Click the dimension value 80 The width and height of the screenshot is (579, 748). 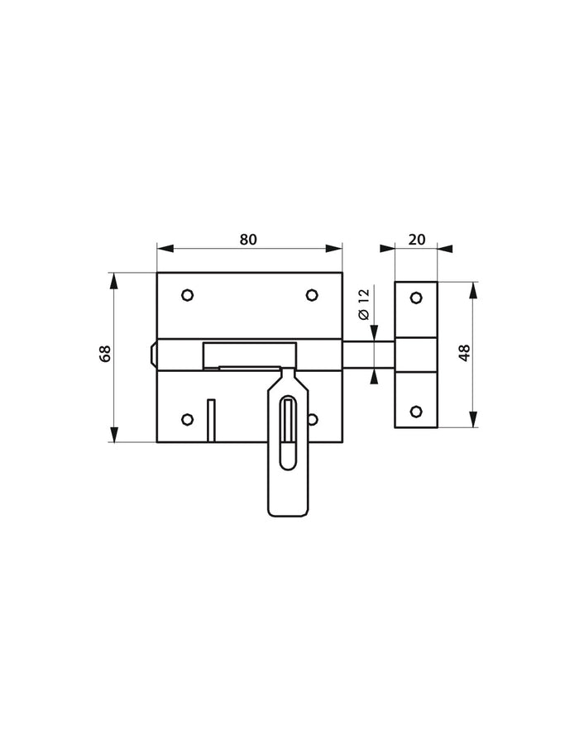(x=248, y=239)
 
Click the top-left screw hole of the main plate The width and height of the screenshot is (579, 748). (x=187, y=294)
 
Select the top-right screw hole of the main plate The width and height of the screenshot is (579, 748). (x=312, y=294)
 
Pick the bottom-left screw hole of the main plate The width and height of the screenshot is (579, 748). (x=187, y=418)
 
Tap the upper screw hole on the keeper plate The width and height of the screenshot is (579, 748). (x=417, y=297)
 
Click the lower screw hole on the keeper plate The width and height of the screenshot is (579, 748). (x=417, y=411)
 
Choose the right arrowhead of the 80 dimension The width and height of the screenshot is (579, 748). (x=336, y=247)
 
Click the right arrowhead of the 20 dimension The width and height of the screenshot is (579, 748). (x=447, y=247)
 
